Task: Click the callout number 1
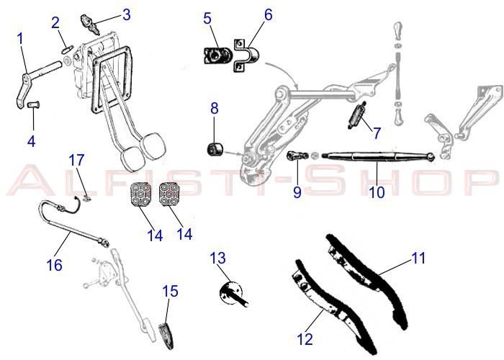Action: (21, 37)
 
